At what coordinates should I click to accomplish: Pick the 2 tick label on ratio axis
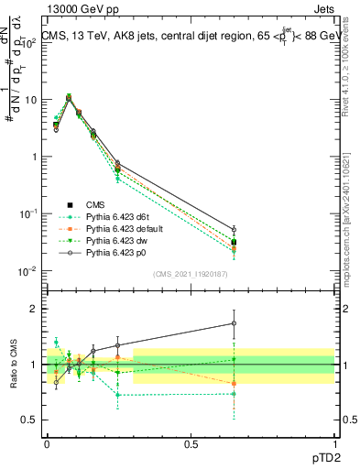tap(34, 309)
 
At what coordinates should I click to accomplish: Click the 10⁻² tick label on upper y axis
tap(28, 270)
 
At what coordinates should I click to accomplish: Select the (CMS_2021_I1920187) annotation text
tap(191, 274)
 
